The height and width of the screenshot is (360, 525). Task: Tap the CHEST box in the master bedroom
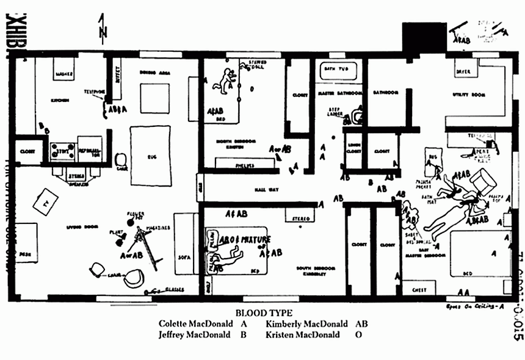(x=419, y=289)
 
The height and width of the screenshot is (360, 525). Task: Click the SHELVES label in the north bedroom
(x=243, y=165)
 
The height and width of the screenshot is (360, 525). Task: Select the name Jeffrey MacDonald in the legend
(x=194, y=334)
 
